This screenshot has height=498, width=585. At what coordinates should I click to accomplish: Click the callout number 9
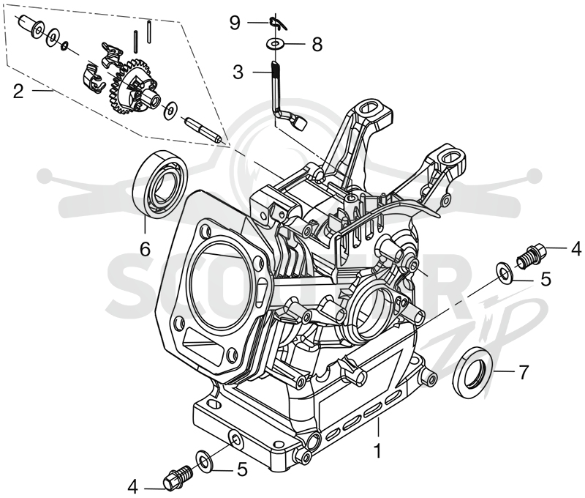point(235,23)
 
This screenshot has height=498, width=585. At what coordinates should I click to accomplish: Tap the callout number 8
point(317,45)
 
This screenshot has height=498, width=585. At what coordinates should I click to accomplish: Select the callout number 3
point(238,72)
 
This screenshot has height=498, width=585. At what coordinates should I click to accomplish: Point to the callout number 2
point(18,92)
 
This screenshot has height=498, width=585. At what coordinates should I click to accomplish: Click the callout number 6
point(145,248)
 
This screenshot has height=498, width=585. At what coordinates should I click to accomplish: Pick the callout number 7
point(524,372)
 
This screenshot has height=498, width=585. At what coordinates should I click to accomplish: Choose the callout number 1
point(377,451)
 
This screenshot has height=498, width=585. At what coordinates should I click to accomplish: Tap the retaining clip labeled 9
point(278,23)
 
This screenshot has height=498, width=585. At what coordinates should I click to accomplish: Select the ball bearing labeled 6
point(161,184)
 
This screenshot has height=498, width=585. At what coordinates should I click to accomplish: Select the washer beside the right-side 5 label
point(505,272)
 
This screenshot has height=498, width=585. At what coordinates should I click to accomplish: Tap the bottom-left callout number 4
point(133,487)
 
